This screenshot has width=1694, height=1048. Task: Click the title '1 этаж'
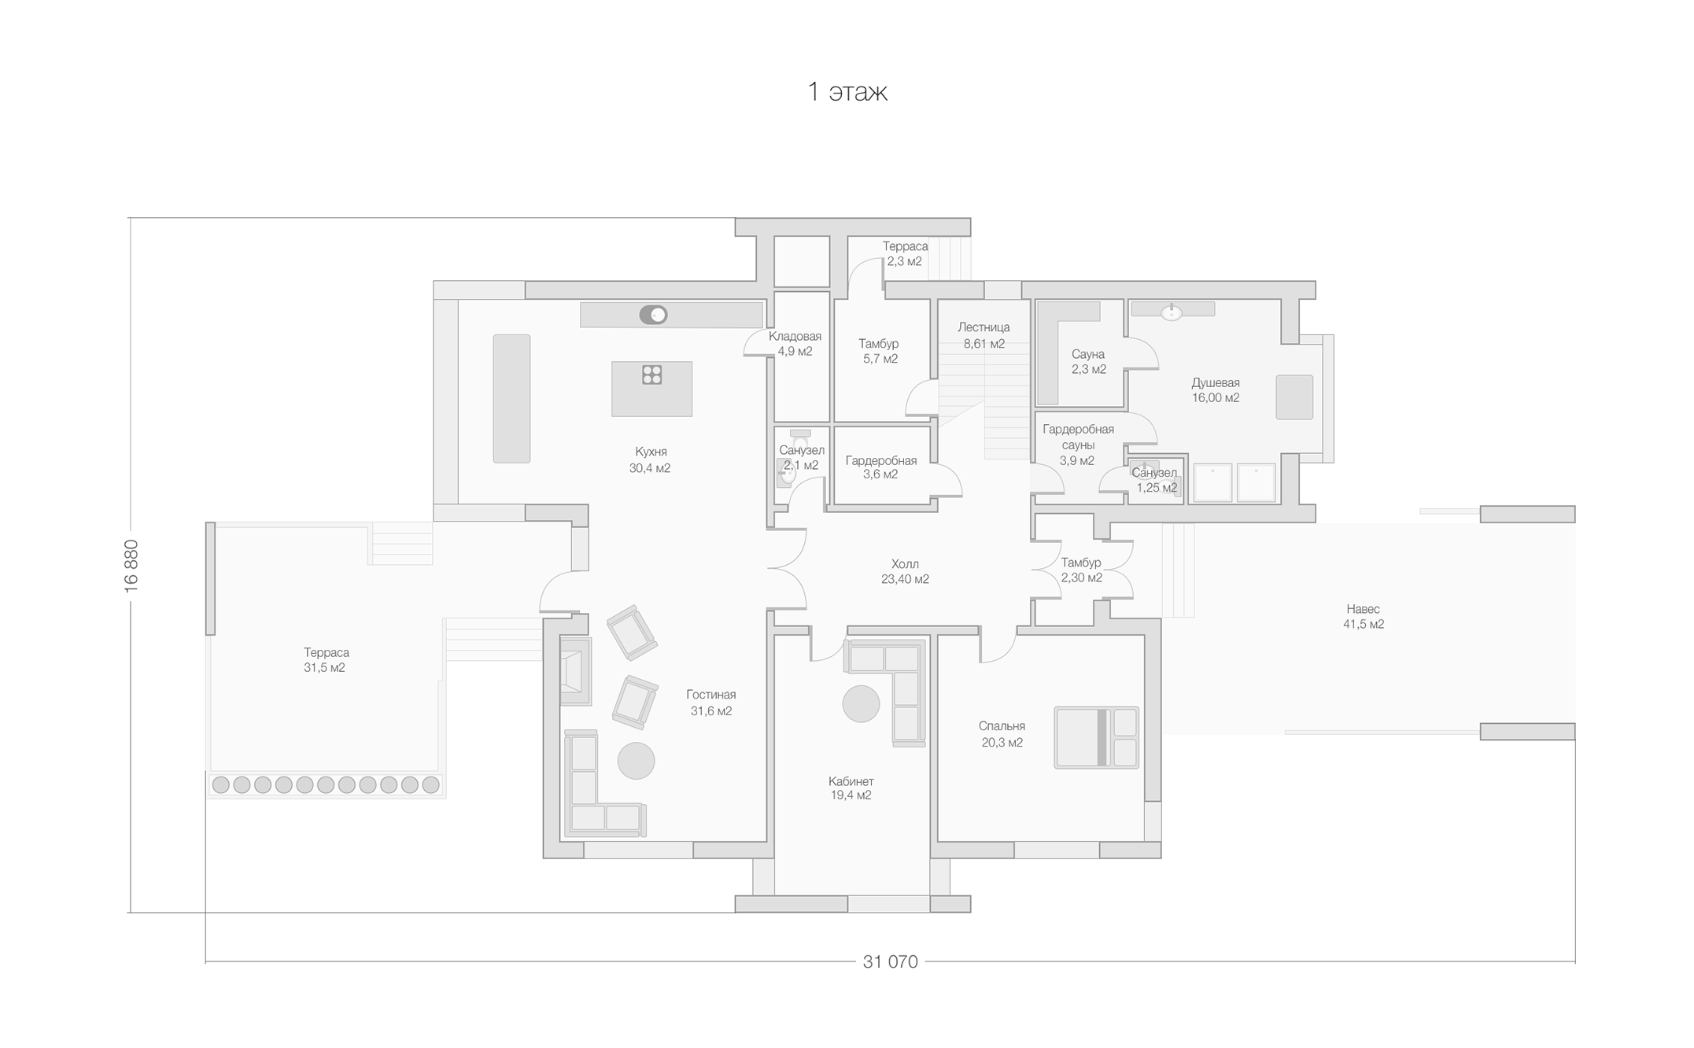pyautogui.click(x=847, y=92)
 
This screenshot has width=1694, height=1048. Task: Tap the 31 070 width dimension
pyautogui.click(x=890, y=961)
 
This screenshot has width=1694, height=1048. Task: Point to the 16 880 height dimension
pyautogui.click(x=131, y=566)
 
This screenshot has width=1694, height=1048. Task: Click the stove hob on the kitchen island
pyautogui.click(x=651, y=375)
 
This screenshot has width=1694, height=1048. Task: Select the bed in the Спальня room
pyautogui.click(x=1096, y=737)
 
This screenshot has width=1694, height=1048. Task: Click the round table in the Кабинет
pyautogui.click(x=861, y=703)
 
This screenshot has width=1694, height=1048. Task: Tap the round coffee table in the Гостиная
pyautogui.click(x=636, y=761)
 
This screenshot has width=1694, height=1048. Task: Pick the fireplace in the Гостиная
pyautogui.click(x=575, y=671)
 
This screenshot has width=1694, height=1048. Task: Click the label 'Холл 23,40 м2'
pyautogui.click(x=905, y=571)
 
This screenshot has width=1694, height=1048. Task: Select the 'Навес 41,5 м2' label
pyautogui.click(x=1363, y=616)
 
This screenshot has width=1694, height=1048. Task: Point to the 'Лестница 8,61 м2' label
pyautogui.click(x=984, y=335)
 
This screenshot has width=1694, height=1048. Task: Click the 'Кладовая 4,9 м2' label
pyautogui.click(x=795, y=344)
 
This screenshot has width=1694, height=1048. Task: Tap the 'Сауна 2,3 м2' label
pyautogui.click(x=1088, y=362)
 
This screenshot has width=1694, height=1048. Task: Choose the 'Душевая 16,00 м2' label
pyautogui.click(x=1216, y=390)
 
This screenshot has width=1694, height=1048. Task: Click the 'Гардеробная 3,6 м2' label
pyautogui.click(x=880, y=467)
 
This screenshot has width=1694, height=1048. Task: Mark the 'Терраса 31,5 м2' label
pyautogui.click(x=326, y=660)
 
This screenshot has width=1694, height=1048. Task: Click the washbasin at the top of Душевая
pyautogui.click(x=1172, y=312)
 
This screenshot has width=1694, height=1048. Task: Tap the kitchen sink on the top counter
pyautogui.click(x=653, y=315)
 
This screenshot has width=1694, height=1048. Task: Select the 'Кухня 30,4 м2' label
pyautogui.click(x=650, y=460)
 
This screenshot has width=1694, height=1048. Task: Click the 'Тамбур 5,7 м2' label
pyautogui.click(x=879, y=351)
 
